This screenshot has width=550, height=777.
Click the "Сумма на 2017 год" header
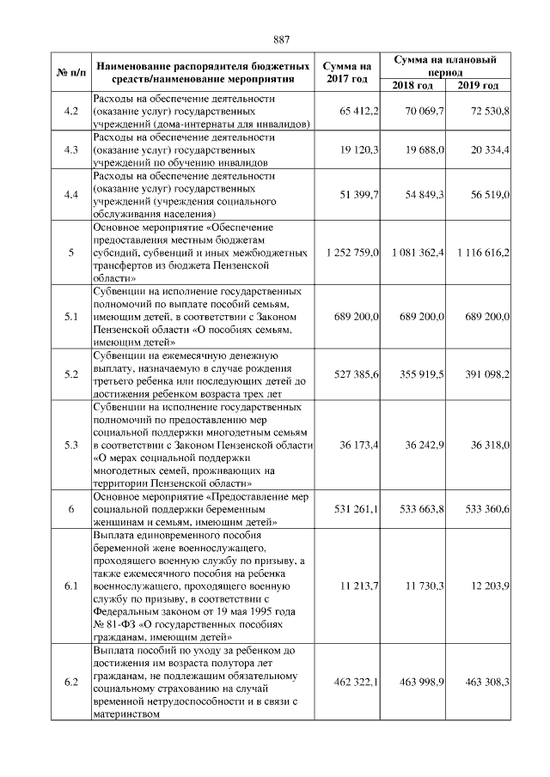point(347,72)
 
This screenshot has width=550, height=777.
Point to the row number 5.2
point(71,374)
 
